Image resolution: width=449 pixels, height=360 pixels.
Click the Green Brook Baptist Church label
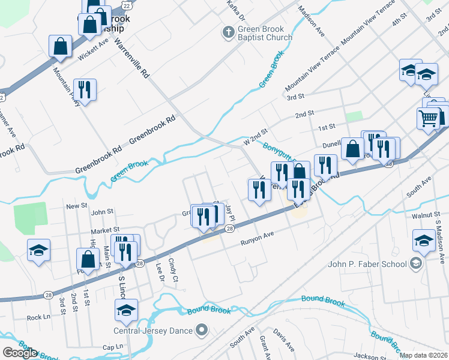point(264,32)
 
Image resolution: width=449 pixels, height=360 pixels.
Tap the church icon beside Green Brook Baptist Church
point(228,32)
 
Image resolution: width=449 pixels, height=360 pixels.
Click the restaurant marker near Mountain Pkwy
point(85,90)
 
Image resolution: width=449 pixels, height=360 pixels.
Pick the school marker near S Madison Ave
point(424,241)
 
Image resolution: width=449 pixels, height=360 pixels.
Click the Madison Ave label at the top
point(312,23)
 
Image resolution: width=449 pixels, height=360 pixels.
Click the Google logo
point(20,353)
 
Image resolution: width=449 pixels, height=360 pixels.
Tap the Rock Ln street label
point(38,317)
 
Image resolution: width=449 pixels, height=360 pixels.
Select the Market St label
point(105,230)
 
